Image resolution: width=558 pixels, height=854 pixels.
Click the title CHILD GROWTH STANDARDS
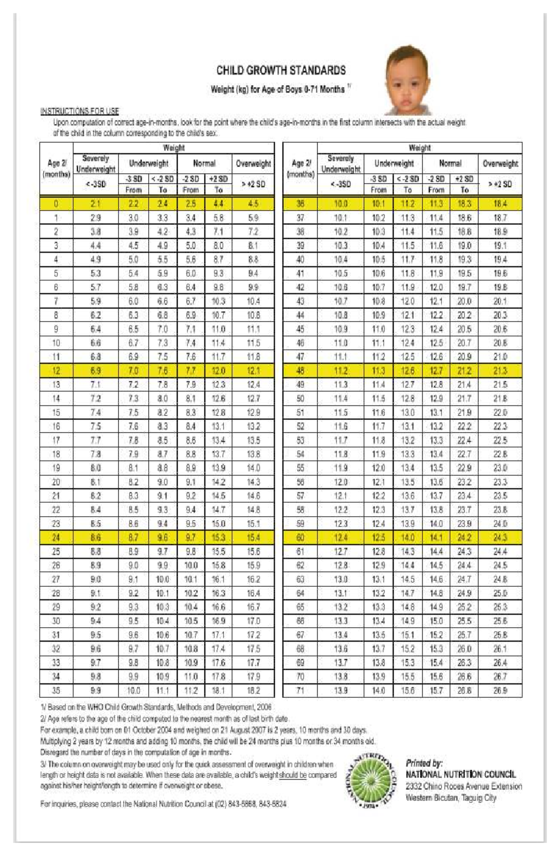(281, 71)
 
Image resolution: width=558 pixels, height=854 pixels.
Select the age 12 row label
(56, 371)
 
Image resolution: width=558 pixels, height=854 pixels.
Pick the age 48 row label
(300, 371)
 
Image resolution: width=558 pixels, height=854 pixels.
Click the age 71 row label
(300, 691)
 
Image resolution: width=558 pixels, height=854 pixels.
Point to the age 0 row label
(56, 203)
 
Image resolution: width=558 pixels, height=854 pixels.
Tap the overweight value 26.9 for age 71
(500, 691)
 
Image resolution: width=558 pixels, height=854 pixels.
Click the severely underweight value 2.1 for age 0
(95, 203)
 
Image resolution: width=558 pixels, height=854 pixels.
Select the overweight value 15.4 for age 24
(253, 538)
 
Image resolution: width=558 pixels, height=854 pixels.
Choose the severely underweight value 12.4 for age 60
(340, 538)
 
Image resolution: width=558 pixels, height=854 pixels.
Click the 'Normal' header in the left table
(204, 163)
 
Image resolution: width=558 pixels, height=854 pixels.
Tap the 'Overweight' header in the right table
(500, 163)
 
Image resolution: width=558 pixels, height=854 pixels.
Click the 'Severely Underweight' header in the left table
(95, 163)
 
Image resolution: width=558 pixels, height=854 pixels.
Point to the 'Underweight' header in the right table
(393, 163)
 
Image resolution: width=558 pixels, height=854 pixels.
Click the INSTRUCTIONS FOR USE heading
(80, 111)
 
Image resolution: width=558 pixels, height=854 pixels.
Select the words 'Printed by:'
(424, 763)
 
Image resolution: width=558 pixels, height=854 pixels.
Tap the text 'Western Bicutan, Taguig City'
(451, 798)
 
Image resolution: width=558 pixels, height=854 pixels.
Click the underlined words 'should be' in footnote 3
(292, 775)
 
